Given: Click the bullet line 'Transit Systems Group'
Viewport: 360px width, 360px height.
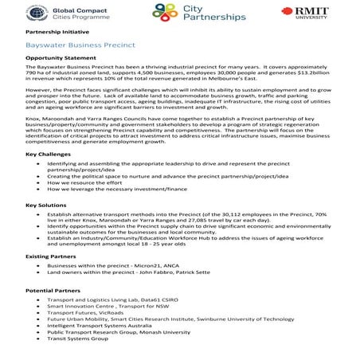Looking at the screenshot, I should pos(77,338).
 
